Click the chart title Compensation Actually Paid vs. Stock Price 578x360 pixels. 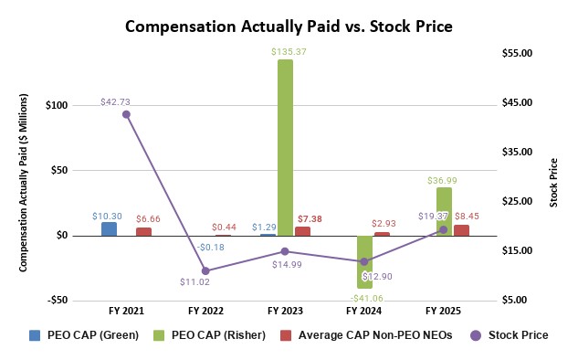tap(289, 26)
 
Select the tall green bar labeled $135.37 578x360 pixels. tap(286, 146)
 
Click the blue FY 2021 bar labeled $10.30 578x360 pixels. tap(109, 228)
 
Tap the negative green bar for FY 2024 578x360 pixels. tap(364, 261)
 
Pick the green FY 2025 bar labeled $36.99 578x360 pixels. tap(444, 211)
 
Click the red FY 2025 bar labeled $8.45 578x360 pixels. tap(461, 230)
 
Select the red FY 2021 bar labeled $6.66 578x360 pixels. tap(143, 231)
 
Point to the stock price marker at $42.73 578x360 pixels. tap(126, 114)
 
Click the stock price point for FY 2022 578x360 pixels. tap(205, 270)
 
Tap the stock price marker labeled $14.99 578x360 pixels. tap(285, 251)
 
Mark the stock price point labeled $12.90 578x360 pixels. tap(364, 261)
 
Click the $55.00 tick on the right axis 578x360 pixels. tap(516, 53)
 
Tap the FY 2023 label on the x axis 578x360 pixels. tap(285, 311)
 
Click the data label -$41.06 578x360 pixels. tap(364, 298)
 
